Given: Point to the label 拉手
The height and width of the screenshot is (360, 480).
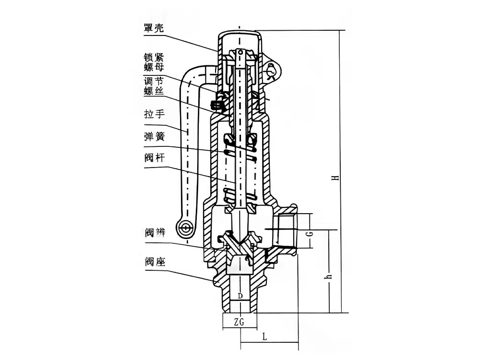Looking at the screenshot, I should (x=154, y=115).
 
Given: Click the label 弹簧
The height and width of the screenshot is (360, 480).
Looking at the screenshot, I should (x=154, y=137).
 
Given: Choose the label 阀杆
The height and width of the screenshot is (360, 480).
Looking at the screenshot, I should (x=154, y=159).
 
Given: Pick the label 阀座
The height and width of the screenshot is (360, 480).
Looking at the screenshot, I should (x=154, y=262).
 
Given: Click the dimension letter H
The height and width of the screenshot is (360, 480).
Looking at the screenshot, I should (x=337, y=178).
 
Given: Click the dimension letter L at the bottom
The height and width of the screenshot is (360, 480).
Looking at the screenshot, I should (x=265, y=336).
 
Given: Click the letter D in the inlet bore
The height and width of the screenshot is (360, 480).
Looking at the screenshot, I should (x=240, y=296).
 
